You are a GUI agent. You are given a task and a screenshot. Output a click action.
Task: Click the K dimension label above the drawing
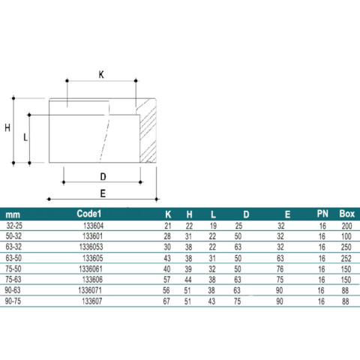pos(101,75)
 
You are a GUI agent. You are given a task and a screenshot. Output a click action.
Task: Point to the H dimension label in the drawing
pos(7,128)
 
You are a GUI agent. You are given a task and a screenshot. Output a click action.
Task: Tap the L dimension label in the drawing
pos(25,137)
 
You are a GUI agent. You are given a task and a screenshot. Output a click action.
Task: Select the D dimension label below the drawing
pos(103,177)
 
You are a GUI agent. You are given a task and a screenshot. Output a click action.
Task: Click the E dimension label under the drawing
pos(103,193)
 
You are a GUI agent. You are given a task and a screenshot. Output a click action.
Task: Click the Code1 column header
pos(89,214)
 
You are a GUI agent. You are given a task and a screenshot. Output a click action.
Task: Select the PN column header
pos(322,214)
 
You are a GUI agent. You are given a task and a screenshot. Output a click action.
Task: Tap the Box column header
pos(347,214)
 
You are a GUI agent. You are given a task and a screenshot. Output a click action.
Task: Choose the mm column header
pos(13,214)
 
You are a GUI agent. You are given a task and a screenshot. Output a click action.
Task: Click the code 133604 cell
pos(93,226)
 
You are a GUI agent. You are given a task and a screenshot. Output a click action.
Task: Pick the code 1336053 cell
pos(91,247)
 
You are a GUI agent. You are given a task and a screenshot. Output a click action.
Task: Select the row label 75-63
pos(13,280)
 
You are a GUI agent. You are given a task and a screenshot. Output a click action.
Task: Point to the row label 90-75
pos(13,301)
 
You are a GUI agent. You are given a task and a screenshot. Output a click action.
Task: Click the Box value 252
pos(346,258)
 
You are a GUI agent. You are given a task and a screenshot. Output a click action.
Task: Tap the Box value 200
pos(346,226)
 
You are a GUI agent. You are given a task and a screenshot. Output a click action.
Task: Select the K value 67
pos(166,301)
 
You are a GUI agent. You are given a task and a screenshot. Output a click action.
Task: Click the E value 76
pos(280,269)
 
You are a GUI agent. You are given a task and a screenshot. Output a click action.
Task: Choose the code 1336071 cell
pos(90,290)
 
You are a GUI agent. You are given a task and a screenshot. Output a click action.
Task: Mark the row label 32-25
pos(14,226)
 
